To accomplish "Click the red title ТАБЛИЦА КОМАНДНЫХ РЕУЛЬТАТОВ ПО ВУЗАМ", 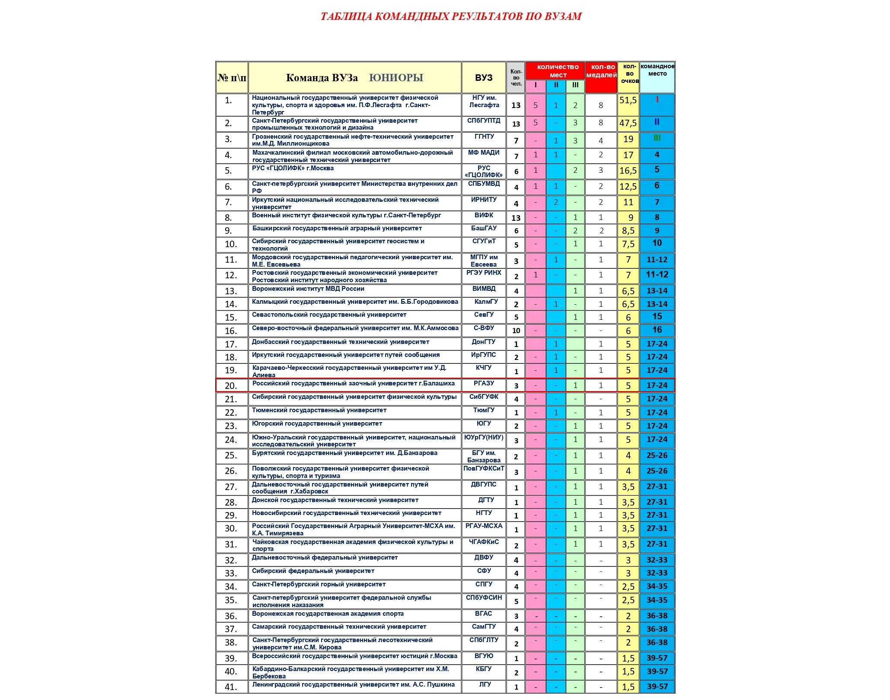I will coord(451,16).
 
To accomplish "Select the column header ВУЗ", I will coord(484,78).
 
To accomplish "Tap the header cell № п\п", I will coord(232,78).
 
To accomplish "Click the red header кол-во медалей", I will coord(601,71).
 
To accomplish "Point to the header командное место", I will coord(657,70).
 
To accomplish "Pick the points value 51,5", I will coord(628,100).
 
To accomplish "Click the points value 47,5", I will coord(628,123).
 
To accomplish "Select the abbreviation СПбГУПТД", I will coord(484,121).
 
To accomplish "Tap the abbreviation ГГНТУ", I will coord(484,137).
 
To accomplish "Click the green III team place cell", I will coord(657,138).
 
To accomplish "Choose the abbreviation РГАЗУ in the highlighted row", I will coord(484,383).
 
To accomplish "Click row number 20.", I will coord(231,385).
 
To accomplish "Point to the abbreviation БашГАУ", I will coord(484,228).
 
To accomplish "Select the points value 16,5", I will coord(628,171).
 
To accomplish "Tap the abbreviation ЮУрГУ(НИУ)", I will coord(484,437).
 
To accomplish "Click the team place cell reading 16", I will coord(657,330).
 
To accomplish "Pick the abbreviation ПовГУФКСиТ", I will coord(484,468).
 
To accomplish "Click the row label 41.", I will coord(231,687).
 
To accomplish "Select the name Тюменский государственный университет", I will coord(319,410).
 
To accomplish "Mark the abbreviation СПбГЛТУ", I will coord(484,640).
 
